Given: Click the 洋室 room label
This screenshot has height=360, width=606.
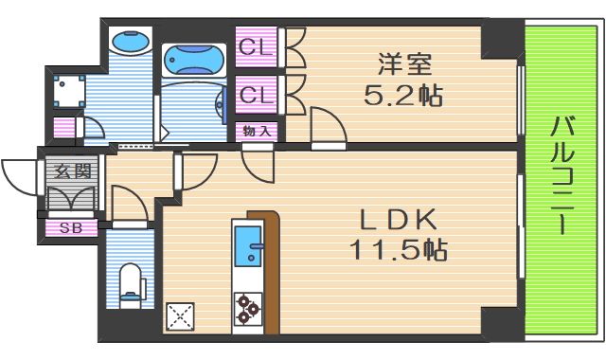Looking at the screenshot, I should point(404,65).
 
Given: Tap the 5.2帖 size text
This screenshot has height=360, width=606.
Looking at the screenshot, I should point(404,95).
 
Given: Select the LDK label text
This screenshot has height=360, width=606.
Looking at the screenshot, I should point(397,221).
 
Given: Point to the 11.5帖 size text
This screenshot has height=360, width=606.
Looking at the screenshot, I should point(397,250).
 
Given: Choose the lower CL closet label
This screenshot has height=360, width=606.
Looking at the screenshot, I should point(256,95).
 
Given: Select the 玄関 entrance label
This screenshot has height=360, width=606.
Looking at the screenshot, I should point(71,171).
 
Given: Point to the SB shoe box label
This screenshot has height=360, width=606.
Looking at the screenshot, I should point(71,227).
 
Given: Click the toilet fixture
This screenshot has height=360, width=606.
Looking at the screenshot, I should point(131,283).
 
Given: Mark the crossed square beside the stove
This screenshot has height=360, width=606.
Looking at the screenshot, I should point(180,315).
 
